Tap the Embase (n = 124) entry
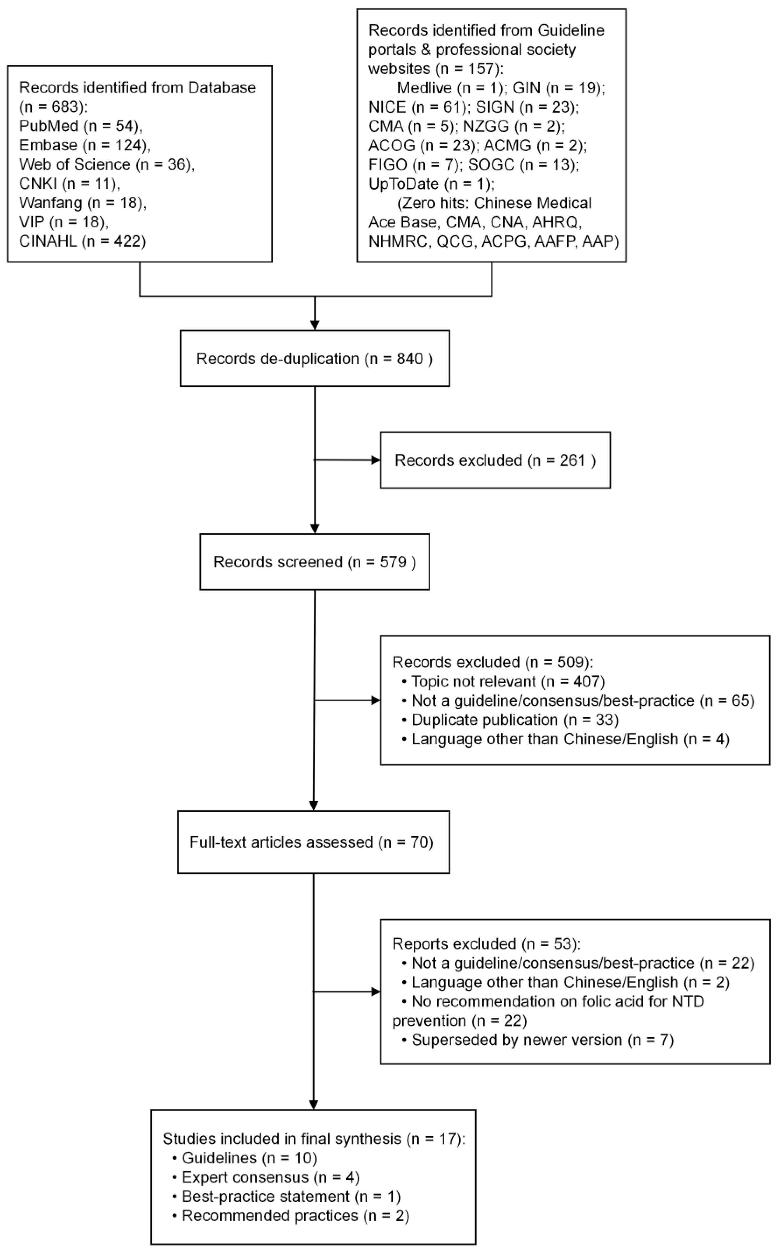[85, 145]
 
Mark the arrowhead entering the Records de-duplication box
[315, 325]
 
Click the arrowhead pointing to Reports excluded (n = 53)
[376, 991]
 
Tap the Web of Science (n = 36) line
[106, 164]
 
